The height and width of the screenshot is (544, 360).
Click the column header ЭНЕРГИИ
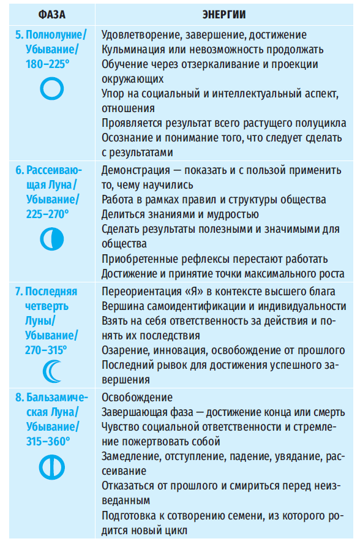225,12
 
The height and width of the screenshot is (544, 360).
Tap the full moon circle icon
51,90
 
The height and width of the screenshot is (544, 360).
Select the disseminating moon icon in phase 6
51,238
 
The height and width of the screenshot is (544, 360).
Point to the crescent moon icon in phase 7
51,371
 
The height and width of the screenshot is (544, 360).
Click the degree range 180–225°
48,64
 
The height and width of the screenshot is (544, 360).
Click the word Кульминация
133,49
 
